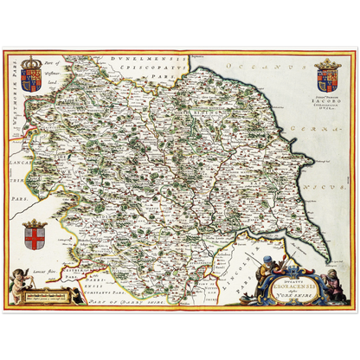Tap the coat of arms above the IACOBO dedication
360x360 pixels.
click(330, 75)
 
